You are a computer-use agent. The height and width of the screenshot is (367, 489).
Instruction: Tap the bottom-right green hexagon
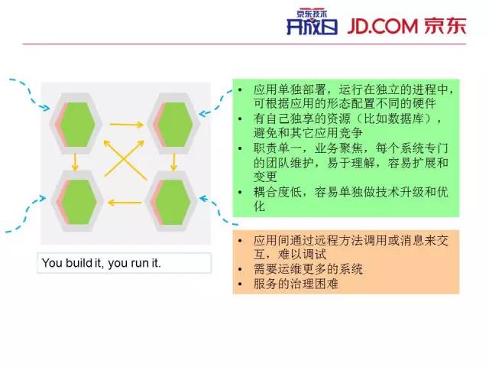point(173,202)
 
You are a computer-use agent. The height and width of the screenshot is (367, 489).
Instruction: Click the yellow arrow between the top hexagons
point(127,125)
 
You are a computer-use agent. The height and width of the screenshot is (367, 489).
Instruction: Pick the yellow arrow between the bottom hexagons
point(125,203)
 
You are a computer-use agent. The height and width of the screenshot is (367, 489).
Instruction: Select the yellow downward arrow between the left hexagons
point(75,161)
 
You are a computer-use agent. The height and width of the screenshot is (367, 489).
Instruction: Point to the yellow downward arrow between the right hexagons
point(173,161)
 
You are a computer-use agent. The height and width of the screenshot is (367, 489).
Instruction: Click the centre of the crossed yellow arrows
point(125,159)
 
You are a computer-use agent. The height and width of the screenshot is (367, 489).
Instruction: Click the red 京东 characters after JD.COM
point(445,25)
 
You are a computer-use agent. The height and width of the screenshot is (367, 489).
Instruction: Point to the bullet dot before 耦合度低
point(240,192)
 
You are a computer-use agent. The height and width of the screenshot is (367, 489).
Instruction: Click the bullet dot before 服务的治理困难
point(240,284)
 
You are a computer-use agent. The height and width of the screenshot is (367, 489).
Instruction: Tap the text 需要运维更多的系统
point(308,269)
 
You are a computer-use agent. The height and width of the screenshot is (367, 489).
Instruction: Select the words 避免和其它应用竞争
point(308,133)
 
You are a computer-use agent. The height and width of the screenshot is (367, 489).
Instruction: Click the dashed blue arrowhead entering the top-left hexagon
point(46,108)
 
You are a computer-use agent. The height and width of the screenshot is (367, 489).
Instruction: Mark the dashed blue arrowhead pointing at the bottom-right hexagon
point(204,199)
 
